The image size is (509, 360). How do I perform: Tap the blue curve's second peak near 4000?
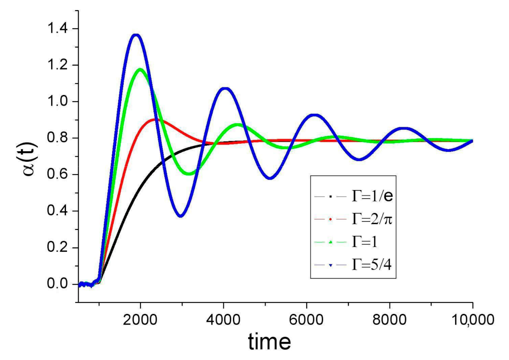point(225,89)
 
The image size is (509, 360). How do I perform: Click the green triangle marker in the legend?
point(330,242)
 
